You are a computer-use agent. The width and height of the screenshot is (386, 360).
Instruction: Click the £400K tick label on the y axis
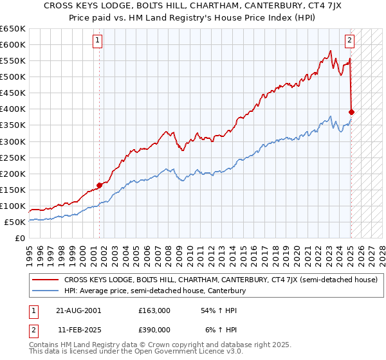click(x=13, y=109)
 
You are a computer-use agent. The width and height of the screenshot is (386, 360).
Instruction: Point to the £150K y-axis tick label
click(x=13, y=190)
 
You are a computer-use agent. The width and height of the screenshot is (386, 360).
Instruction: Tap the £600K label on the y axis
click(x=13, y=44)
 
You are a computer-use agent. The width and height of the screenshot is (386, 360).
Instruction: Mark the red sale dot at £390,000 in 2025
click(x=351, y=112)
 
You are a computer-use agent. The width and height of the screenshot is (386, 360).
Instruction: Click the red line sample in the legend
click(x=46, y=280)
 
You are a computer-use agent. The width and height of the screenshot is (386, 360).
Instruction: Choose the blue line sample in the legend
click(x=46, y=291)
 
